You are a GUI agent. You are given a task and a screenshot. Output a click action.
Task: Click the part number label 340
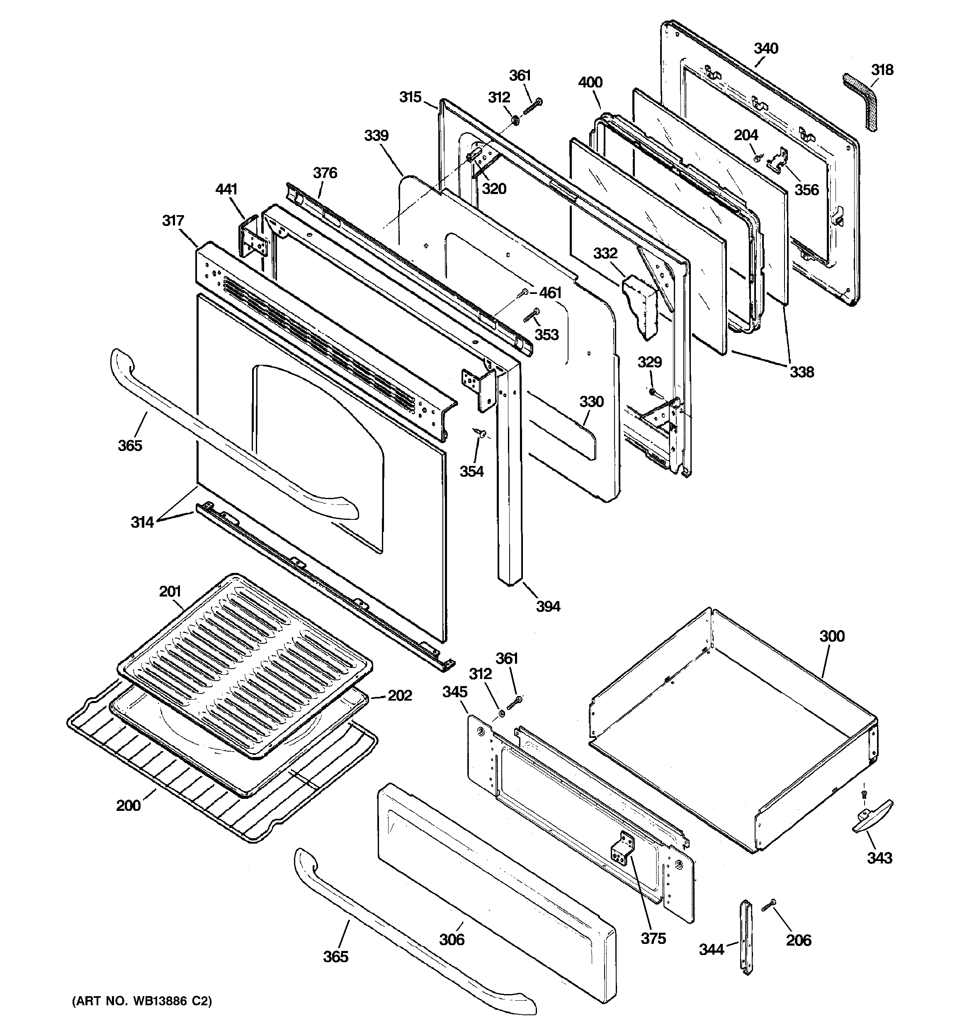[x=766, y=49]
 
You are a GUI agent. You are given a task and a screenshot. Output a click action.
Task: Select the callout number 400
[x=590, y=82]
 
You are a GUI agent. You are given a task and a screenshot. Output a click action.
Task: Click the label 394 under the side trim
[x=548, y=606]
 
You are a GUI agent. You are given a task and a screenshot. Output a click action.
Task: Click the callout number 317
[x=173, y=221]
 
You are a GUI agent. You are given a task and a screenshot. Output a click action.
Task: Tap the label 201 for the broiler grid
[x=170, y=592]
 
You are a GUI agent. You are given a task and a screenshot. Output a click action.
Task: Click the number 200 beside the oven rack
[x=128, y=805]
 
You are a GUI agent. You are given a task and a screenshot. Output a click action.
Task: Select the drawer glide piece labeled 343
[x=872, y=815]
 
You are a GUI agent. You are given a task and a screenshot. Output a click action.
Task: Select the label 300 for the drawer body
[x=832, y=636]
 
